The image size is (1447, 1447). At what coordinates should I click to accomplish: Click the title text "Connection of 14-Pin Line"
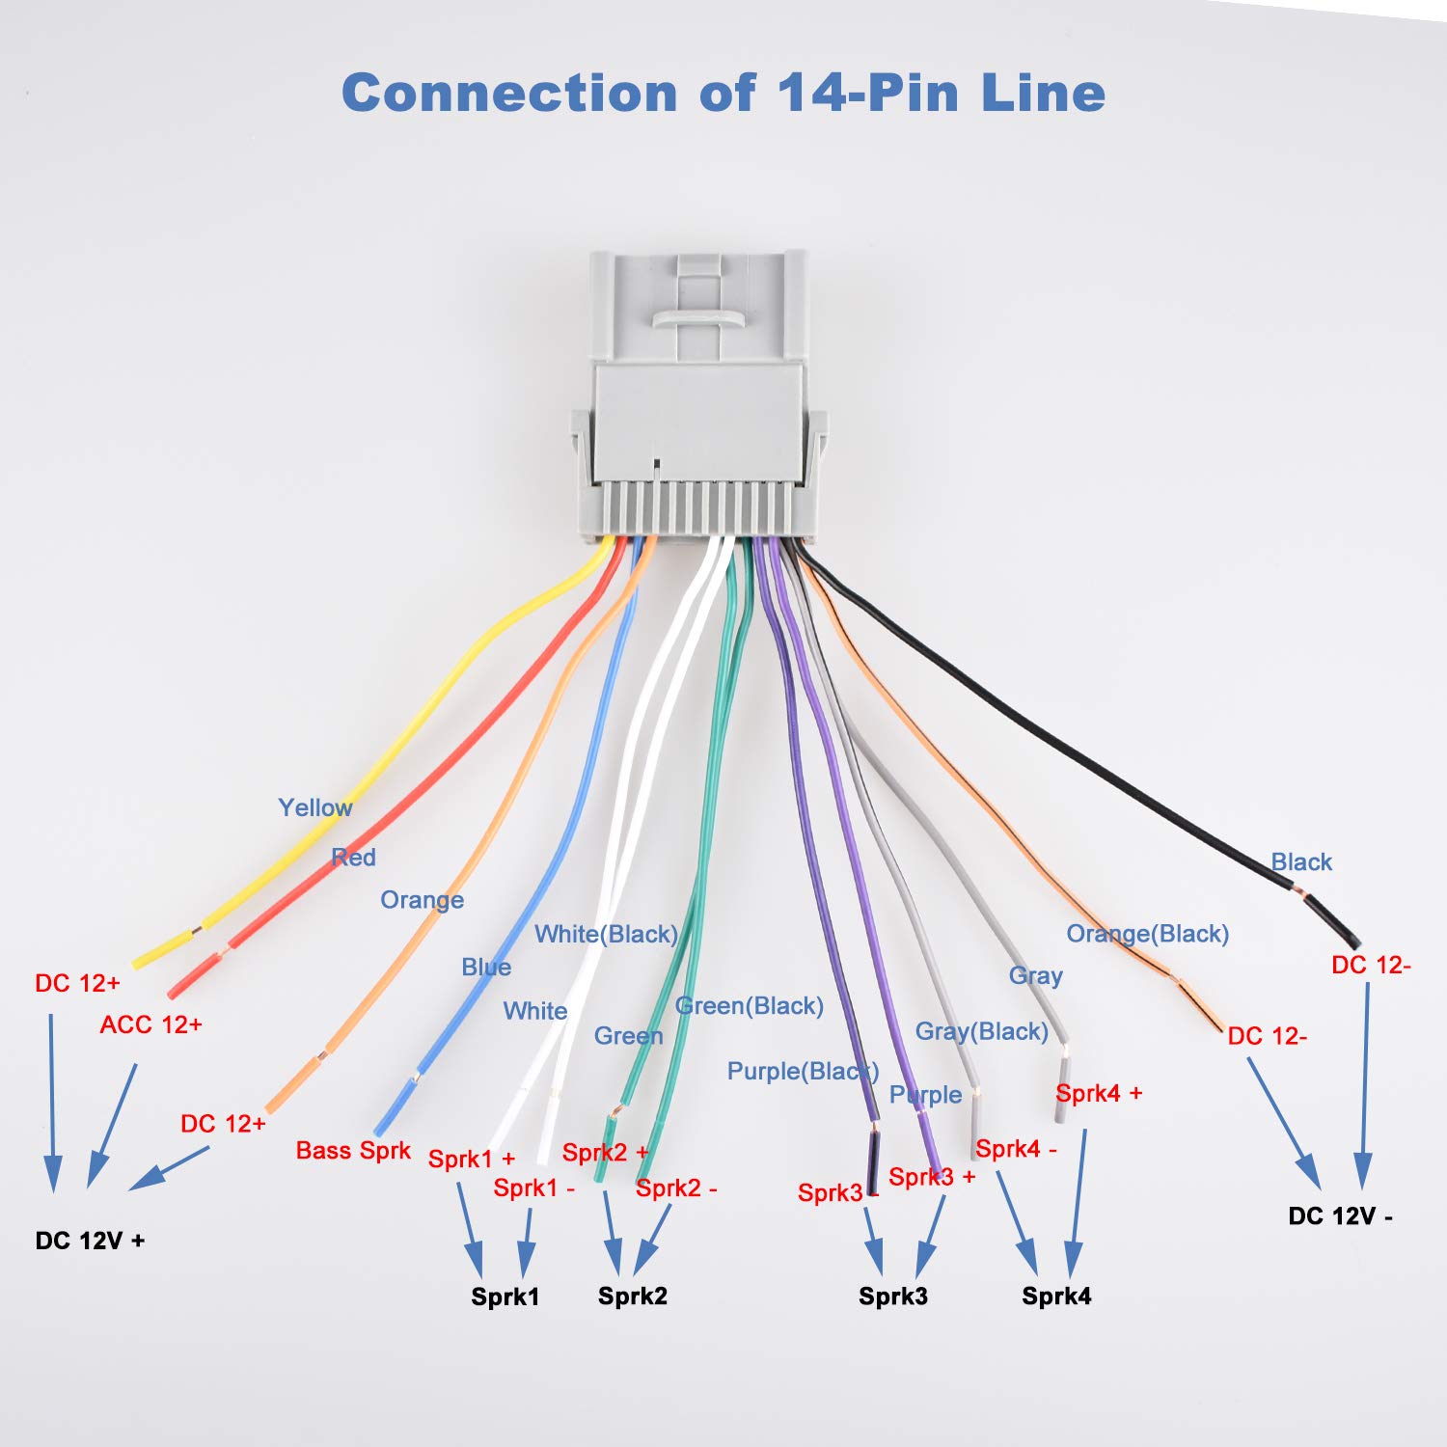pyautogui.click(x=723, y=94)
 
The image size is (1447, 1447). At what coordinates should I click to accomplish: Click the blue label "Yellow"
pyautogui.click(x=314, y=807)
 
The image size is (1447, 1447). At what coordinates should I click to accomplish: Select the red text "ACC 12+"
pyautogui.click(x=151, y=1024)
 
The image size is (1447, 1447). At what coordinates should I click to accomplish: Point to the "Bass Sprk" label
pyautogui.click(x=353, y=1151)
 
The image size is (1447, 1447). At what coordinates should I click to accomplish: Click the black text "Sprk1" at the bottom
pyautogui.click(x=505, y=1297)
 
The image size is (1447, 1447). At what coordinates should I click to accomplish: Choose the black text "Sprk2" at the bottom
pyautogui.click(x=632, y=1296)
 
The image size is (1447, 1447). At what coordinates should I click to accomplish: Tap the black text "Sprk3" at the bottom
pyautogui.click(x=892, y=1296)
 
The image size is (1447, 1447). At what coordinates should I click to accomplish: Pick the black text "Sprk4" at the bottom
pyautogui.click(x=1056, y=1296)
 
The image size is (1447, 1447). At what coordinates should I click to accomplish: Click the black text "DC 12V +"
pyautogui.click(x=90, y=1241)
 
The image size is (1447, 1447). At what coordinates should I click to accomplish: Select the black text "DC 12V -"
pyautogui.click(x=1340, y=1216)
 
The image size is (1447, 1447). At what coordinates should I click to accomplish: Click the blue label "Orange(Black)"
pyautogui.click(x=1147, y=934)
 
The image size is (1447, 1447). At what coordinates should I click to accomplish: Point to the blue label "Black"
pyautogui.click(x=1301, y=862)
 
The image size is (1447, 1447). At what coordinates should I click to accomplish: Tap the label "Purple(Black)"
pyautogui.click(x=803, y=1072)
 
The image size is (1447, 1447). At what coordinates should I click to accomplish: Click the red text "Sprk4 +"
pyautogui.click(x=1099, y=1093)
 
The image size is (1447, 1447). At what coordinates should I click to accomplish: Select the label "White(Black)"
pyautogui.click(x=606, y=934)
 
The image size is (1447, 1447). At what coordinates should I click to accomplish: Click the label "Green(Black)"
pyautogui.click(x=750, y=1006)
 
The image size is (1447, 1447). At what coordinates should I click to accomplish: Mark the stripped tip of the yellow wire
pyautogui.click(x=159, y=950)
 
